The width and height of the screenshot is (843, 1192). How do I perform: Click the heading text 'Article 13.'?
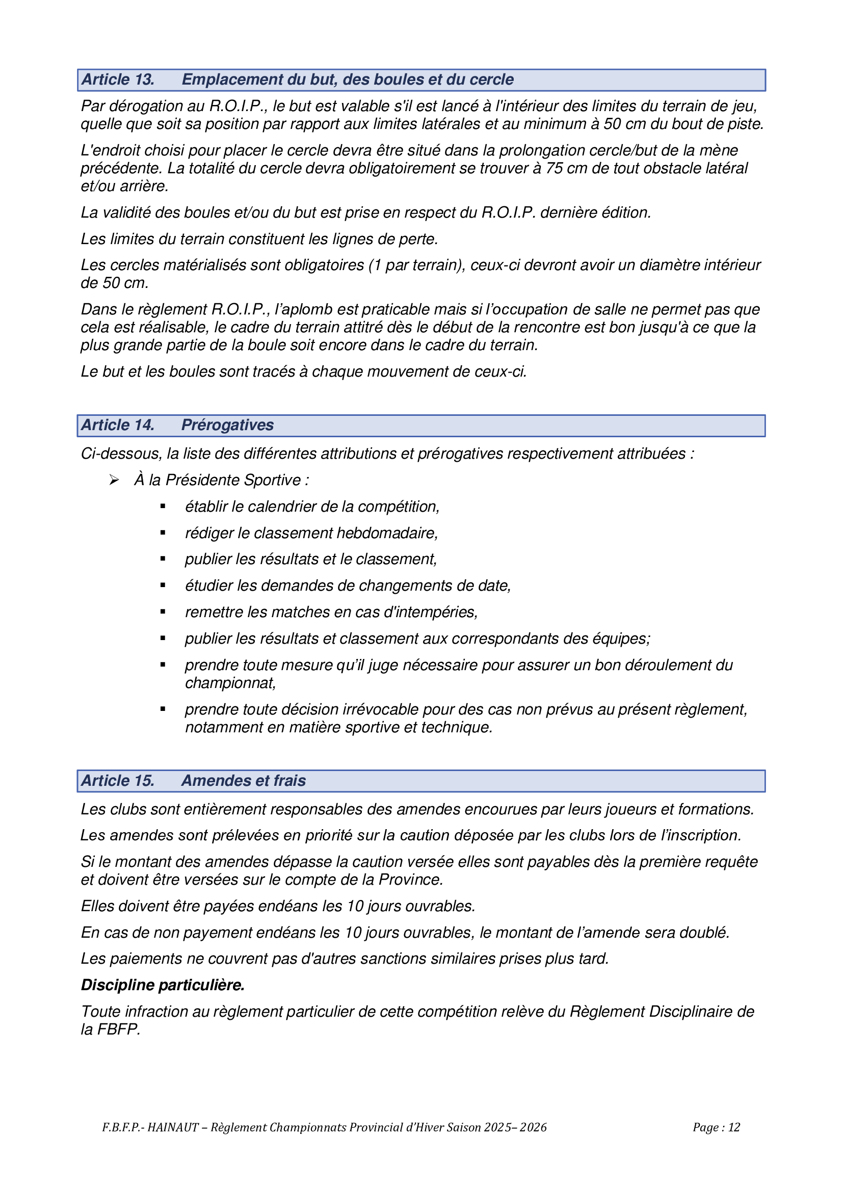118,80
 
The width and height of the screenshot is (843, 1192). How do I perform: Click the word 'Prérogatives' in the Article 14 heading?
227,425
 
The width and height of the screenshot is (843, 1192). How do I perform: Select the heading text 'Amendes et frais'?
244,781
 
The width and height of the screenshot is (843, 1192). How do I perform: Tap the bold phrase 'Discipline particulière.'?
163,985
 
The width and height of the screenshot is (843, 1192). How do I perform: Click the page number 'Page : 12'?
716,1127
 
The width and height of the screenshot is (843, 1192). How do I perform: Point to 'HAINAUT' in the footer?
173,1127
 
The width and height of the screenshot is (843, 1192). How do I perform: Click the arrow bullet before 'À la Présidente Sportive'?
114,480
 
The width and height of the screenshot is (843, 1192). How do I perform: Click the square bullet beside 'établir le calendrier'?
163,506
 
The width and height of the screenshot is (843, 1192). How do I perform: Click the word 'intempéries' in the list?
437,612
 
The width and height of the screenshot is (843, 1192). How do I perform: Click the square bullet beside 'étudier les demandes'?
163,586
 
